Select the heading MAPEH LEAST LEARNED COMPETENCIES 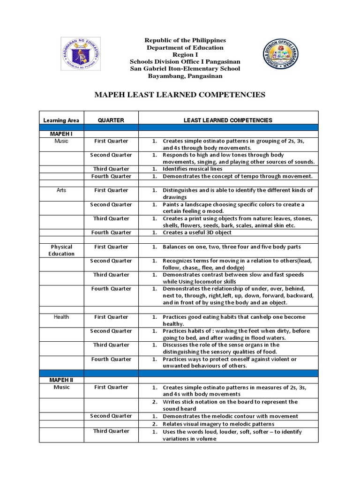(180, 95)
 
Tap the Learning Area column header (61, 120)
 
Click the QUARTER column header (111, 120)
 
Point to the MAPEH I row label (61, 134)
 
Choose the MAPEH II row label (61, 380)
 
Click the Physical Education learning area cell (61, 250)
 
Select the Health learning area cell (61, 317)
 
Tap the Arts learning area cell (61, 190)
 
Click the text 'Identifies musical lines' (192, 169)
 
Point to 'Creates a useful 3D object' (197, 232)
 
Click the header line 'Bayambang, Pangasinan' (180, 76)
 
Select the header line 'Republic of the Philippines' (180, 41)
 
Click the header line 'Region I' (180, 55)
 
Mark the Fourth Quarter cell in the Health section (111, 359)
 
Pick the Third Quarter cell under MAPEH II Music (111, 431)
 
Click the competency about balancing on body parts (232, 247)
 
